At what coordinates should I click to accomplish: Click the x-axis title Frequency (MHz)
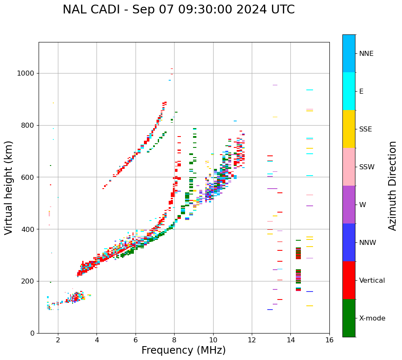(183, 350)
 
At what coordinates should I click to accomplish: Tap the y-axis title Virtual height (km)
(9, 188)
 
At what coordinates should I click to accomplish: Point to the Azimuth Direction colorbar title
(392, 186)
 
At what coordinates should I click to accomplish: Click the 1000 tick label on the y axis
(26, 74)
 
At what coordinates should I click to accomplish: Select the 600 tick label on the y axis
(28, 177)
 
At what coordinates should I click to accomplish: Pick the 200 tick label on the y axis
(28, 281)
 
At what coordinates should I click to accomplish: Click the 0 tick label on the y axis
(32, 333)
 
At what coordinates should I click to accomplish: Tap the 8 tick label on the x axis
(174, 340)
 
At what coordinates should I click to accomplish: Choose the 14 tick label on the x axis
(290, 340)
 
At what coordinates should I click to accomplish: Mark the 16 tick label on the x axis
(329, 340)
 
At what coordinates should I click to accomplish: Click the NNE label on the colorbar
(366, 54)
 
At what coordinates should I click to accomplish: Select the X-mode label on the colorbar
(372, 318)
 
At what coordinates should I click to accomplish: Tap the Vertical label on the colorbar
(372, 281)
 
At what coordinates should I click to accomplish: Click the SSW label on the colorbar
(367, 167)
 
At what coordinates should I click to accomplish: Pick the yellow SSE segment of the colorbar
(349, 129)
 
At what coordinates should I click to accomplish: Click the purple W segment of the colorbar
(349, 205)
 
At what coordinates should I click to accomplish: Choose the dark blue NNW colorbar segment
(349, 242)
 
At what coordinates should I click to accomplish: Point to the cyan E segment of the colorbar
(349, 91)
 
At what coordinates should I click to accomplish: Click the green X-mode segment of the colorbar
(349, 318)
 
